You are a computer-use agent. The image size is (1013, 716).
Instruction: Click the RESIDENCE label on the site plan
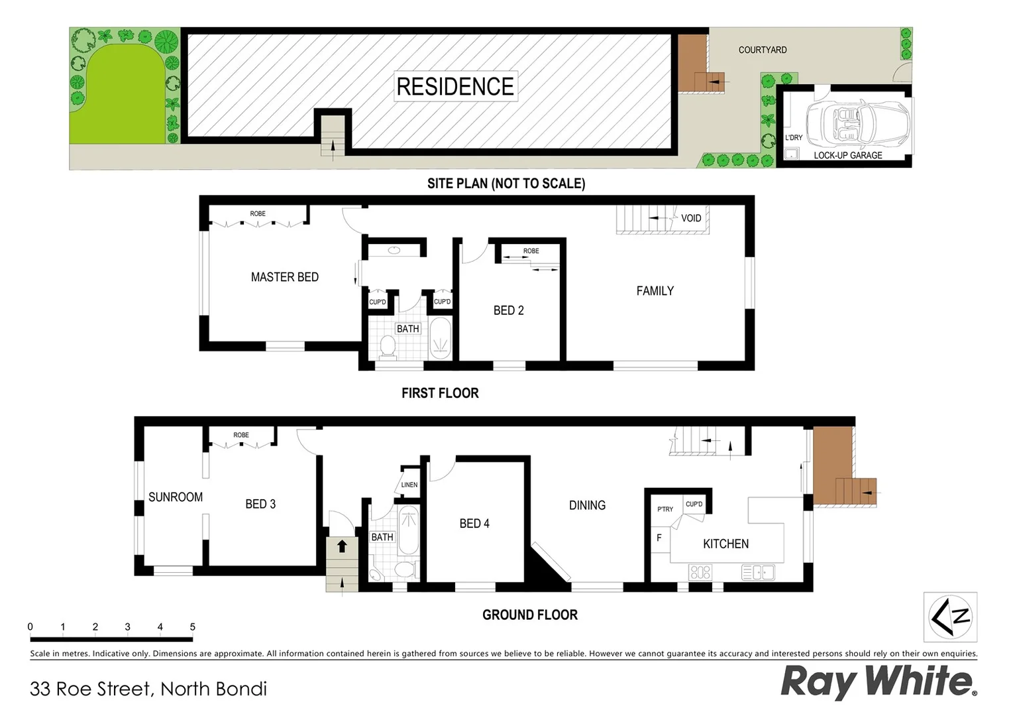(455, 86)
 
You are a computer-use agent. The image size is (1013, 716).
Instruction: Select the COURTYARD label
(763, 50)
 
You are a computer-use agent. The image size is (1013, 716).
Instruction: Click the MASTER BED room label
(284, 277)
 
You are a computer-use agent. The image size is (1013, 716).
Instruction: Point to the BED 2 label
(508, 310)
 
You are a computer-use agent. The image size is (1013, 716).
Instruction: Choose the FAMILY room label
(655, 291)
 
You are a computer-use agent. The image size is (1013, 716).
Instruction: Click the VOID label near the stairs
(691, 218)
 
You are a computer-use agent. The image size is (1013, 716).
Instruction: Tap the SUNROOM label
(175, 497)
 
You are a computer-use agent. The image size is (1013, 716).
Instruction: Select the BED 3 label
(260, 505)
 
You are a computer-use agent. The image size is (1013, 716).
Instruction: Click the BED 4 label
(474, 524)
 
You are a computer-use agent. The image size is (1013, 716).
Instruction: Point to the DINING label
(587, 505)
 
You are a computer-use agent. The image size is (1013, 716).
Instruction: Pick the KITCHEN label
(725, 544)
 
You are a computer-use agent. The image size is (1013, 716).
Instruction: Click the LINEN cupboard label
(409, 485)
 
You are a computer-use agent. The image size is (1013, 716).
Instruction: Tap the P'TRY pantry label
(665, 509)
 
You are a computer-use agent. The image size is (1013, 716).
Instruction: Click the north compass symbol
(950, 617)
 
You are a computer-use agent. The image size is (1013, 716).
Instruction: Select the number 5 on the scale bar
(193, 626)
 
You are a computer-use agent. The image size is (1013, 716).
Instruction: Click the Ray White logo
(879, 682)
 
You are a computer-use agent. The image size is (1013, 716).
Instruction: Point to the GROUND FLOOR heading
(529, 615)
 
